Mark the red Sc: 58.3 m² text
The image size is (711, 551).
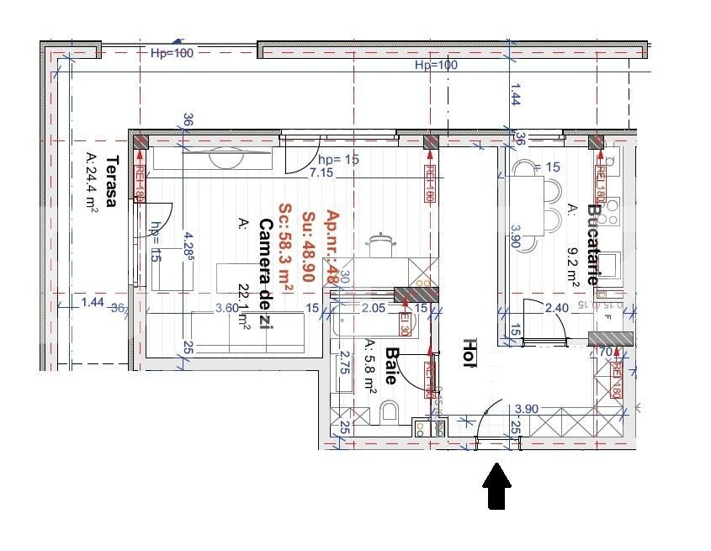click(286, 250)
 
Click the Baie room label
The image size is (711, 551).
click(390, 367)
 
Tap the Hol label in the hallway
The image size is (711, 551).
click(470, 353)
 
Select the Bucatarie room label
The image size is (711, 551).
click(593, 243)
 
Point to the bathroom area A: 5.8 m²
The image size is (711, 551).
click(370, 367)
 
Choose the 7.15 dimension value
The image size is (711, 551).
click(321, 172)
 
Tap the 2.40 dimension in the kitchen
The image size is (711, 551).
click(557, 308)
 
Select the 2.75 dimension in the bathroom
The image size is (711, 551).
click(344, 368)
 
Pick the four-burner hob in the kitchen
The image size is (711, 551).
click(610, 206)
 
